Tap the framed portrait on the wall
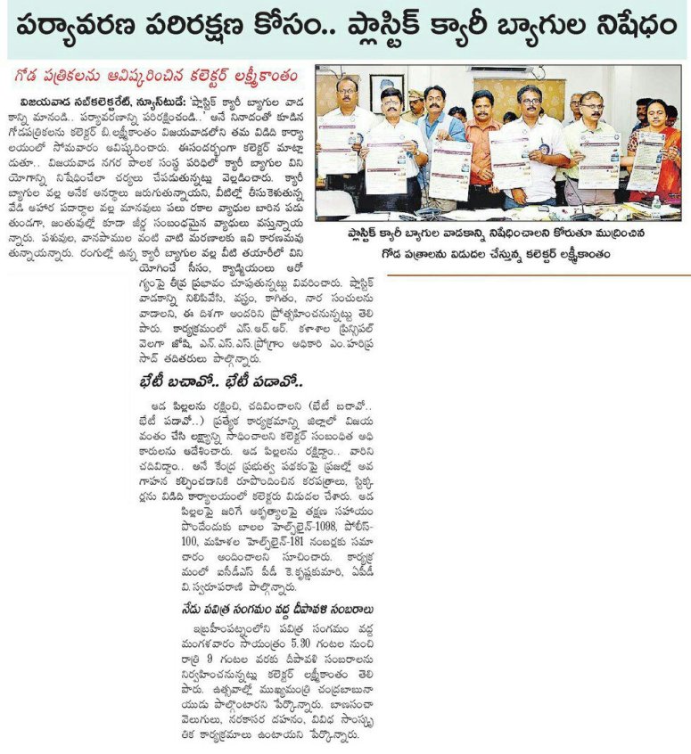382,86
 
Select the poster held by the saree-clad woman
646,160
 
